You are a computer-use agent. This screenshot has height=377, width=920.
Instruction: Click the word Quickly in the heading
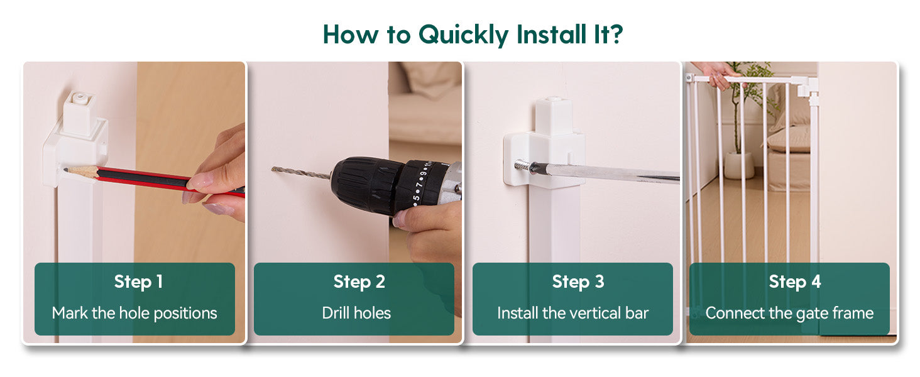[x=463, y=35]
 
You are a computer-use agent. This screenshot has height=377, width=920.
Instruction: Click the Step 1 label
[x=138, y=281]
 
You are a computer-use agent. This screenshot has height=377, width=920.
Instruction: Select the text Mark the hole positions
[x=134, y=314]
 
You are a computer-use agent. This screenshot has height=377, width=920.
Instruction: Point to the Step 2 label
[x=359, y=281]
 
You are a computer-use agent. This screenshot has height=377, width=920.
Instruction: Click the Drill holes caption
[x=356, y=313]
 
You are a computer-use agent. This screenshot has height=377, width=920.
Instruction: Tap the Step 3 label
[x=578, y=281]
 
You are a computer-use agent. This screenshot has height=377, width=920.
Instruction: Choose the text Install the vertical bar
[x=572, y=313]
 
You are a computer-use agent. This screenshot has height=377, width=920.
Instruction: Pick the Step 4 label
[x=795, y=281]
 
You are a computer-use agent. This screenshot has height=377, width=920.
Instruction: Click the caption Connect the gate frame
[x=789, y=314]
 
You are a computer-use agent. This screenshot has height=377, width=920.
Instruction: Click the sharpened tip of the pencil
[x=66, y=170]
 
